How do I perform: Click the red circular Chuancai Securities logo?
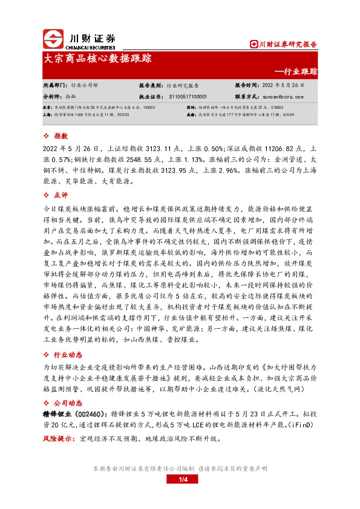pos(53,38)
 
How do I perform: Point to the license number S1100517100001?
pos(188,96)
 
